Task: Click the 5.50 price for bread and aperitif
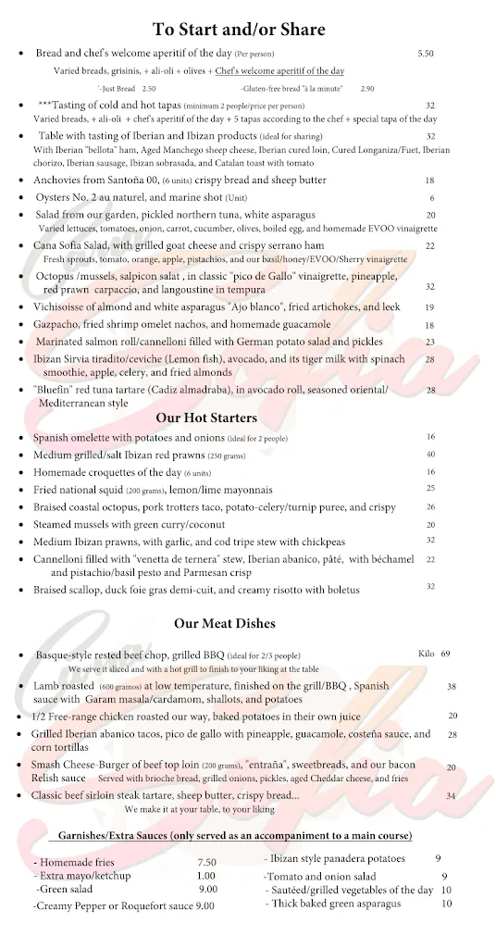[x=426, y=55]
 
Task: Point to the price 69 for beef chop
[x=445, y=654]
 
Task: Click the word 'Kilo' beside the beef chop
[x=426, y=654]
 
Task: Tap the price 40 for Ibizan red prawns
[x=430, y=455]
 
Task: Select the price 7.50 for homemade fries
[x=206, y=862]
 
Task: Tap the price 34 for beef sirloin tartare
[x=451, y=795]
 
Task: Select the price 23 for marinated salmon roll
[x=430, y=342]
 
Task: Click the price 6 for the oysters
[x=431, y=198]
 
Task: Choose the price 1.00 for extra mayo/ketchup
[x=206, y=876]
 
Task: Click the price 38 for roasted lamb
[x=452, y=686]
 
